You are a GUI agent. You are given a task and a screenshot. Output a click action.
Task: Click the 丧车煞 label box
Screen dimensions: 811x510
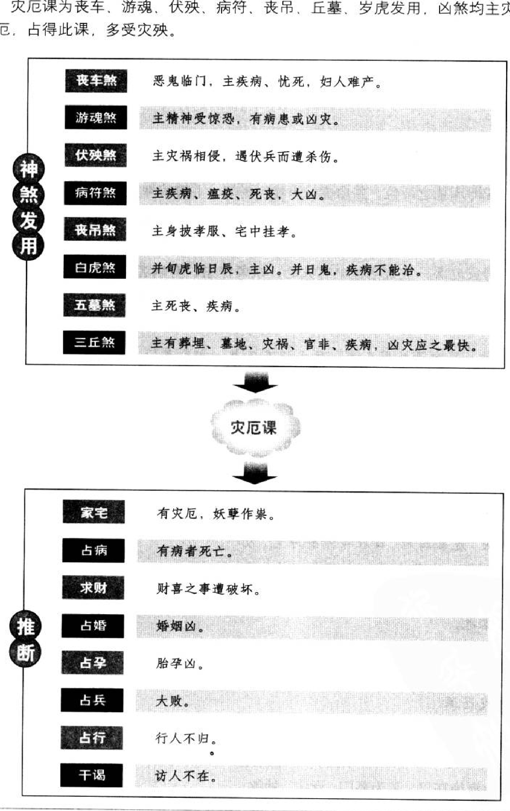click(x=96, y=81)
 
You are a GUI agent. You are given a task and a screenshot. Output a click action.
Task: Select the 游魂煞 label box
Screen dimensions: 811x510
click(x=96, y=118)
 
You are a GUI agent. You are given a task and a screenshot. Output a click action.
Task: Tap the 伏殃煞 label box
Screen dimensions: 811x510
click(x=96, y=155)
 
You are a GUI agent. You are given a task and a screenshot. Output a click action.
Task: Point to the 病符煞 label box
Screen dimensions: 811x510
click(x=95, y=193)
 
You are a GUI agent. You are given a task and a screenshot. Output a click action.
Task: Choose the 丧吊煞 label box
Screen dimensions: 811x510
click(x=95, y=231)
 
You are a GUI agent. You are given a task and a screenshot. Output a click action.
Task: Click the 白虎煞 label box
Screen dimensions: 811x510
click(x=95, y=267)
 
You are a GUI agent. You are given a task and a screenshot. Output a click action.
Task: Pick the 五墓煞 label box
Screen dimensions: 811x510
click(x=94, y=305)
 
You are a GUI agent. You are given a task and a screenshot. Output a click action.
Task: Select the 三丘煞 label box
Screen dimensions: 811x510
click(x=94, y=343)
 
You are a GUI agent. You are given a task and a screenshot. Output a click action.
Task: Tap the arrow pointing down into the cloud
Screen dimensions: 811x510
click(x=255, y=383)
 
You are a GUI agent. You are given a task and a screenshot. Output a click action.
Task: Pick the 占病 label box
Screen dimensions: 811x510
click(x=93, y=550)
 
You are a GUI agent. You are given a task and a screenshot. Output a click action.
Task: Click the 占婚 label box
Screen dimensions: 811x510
click(x=93, y=626)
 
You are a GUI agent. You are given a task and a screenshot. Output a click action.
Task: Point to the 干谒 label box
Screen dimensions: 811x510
click(x=91, y=775)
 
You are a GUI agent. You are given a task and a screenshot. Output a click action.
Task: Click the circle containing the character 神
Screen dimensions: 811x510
click(x=28, y=168)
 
